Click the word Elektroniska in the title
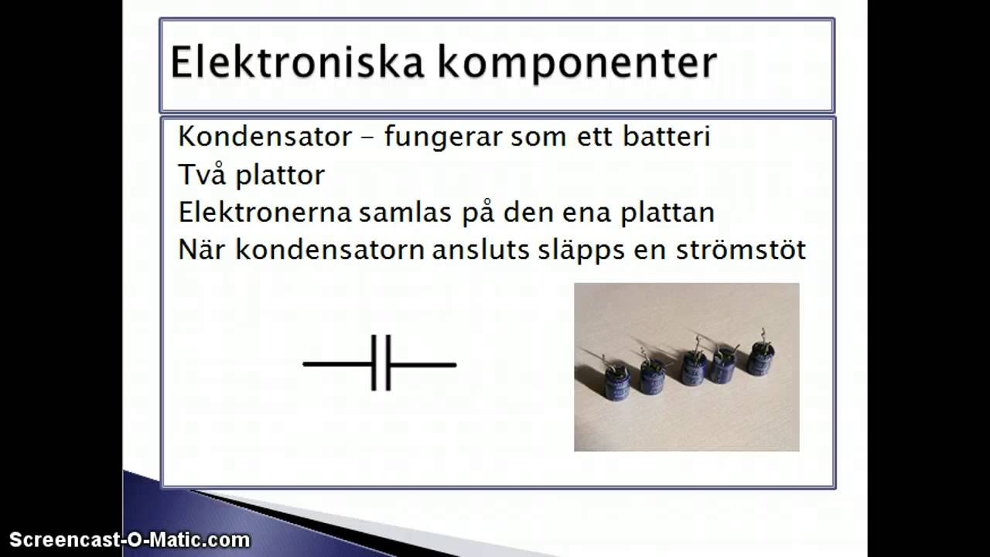295,63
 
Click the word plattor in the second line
279,175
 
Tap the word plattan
667,212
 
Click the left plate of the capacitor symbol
374,363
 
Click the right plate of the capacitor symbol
387,363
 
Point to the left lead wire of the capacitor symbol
337,364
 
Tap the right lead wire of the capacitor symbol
422,364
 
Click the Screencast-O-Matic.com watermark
129,540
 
